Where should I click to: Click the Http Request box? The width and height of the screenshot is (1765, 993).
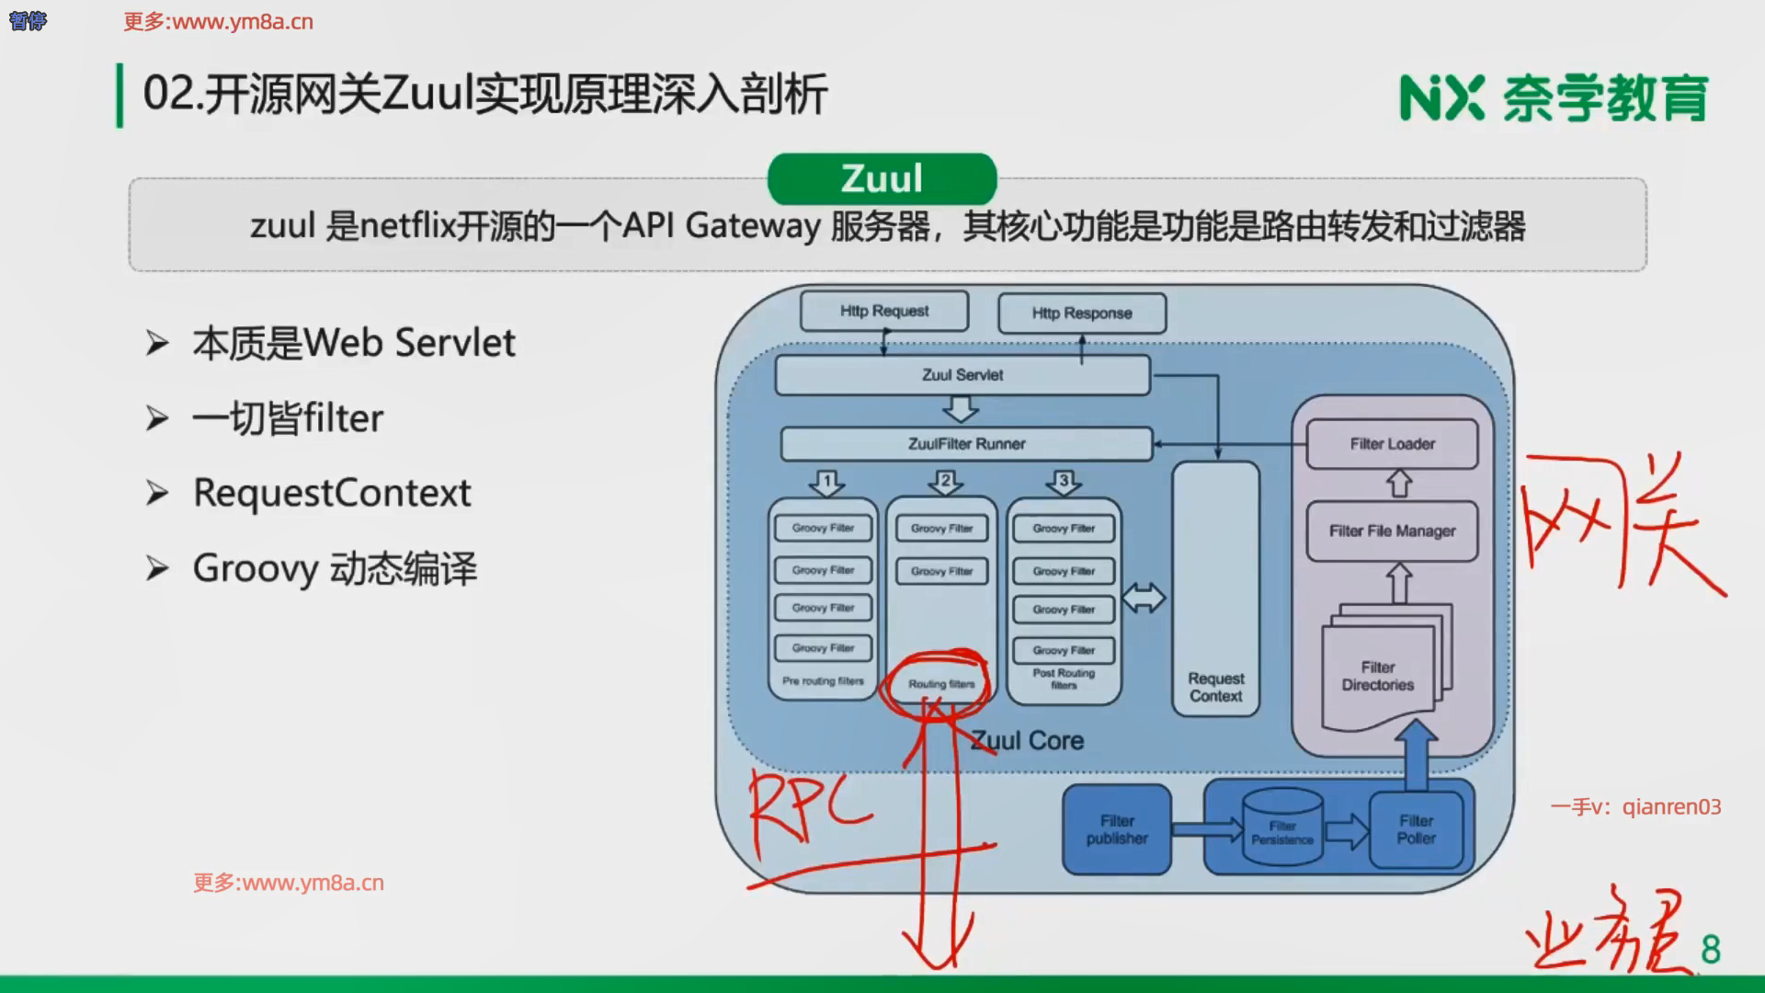pos(884,312)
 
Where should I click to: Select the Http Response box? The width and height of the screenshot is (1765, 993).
pos(1082,314)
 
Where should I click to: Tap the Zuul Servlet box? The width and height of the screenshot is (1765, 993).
pos(962,375)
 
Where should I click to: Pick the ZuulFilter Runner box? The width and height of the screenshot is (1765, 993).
pos(966,444)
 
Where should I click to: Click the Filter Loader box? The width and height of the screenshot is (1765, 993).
pos(1392,444)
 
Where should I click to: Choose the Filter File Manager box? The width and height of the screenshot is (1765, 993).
pos(1392,531)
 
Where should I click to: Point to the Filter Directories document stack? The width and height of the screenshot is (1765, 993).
pos(1378,676)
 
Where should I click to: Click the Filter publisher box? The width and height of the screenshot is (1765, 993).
pos(1117,829)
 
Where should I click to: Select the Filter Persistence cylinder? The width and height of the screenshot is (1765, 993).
pos(1282,831)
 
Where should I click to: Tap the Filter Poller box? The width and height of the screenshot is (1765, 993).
pos(1416,829)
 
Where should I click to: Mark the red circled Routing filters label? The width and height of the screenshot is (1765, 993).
pos(941,684)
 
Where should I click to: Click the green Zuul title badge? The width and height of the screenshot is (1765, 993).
pos(882,178)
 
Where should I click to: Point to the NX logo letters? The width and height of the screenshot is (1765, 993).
pos(1440,98)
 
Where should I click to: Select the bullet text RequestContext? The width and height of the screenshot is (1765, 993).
pos(332,494)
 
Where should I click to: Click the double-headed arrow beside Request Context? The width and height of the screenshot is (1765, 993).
pos(1144,599)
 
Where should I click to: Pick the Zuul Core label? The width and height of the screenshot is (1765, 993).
pos(1028,741)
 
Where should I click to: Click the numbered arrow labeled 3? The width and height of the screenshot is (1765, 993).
pos(1064,482)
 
